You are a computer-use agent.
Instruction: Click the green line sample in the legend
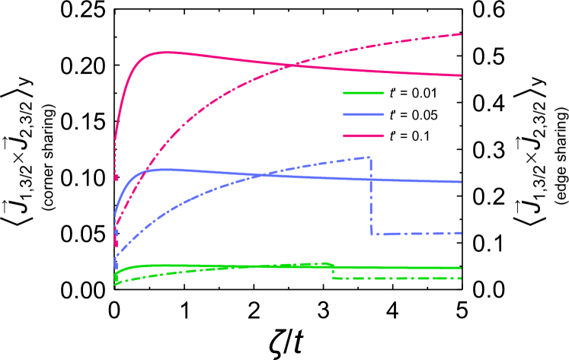(363, 93)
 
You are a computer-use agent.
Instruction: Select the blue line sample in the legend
(363, 114)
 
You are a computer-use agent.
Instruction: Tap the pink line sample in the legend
(363, 135)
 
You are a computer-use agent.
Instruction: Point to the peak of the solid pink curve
(165, 52)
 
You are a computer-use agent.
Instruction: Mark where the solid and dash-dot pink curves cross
(292, 65)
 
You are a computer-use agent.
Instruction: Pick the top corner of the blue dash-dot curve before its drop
(369, 158)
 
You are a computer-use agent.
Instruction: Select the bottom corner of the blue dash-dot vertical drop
(372, 233)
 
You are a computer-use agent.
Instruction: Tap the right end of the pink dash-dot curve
(461, 34)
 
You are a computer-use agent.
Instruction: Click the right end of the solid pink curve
(461, 75)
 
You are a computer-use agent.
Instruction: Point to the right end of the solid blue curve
(461, 182)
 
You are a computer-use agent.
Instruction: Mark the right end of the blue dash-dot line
(461, 232)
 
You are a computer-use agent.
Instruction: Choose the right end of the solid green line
(461, 268)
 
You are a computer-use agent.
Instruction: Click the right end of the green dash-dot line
(461, 278)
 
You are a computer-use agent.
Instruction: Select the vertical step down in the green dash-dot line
(333, 271)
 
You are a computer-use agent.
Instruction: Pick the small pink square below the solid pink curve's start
(116, 178)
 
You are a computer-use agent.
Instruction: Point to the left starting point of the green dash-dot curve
(116, 284)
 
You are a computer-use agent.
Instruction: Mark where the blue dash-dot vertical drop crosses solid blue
(370, 179)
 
